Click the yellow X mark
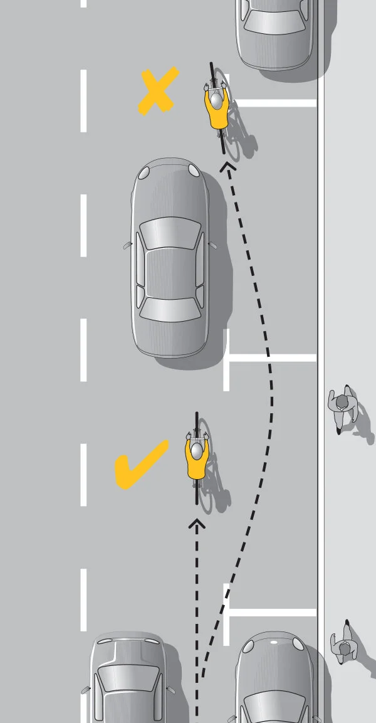pos(158,92)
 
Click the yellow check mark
pos(141,465)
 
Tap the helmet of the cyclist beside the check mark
pos(197,450)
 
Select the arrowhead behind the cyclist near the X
pos(227,166)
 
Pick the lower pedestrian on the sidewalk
pos(343,642)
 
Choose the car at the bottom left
pos(129,680)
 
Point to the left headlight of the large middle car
pos(145,172)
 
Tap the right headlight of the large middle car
pos(194,171)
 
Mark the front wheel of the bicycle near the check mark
pos(197,423)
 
